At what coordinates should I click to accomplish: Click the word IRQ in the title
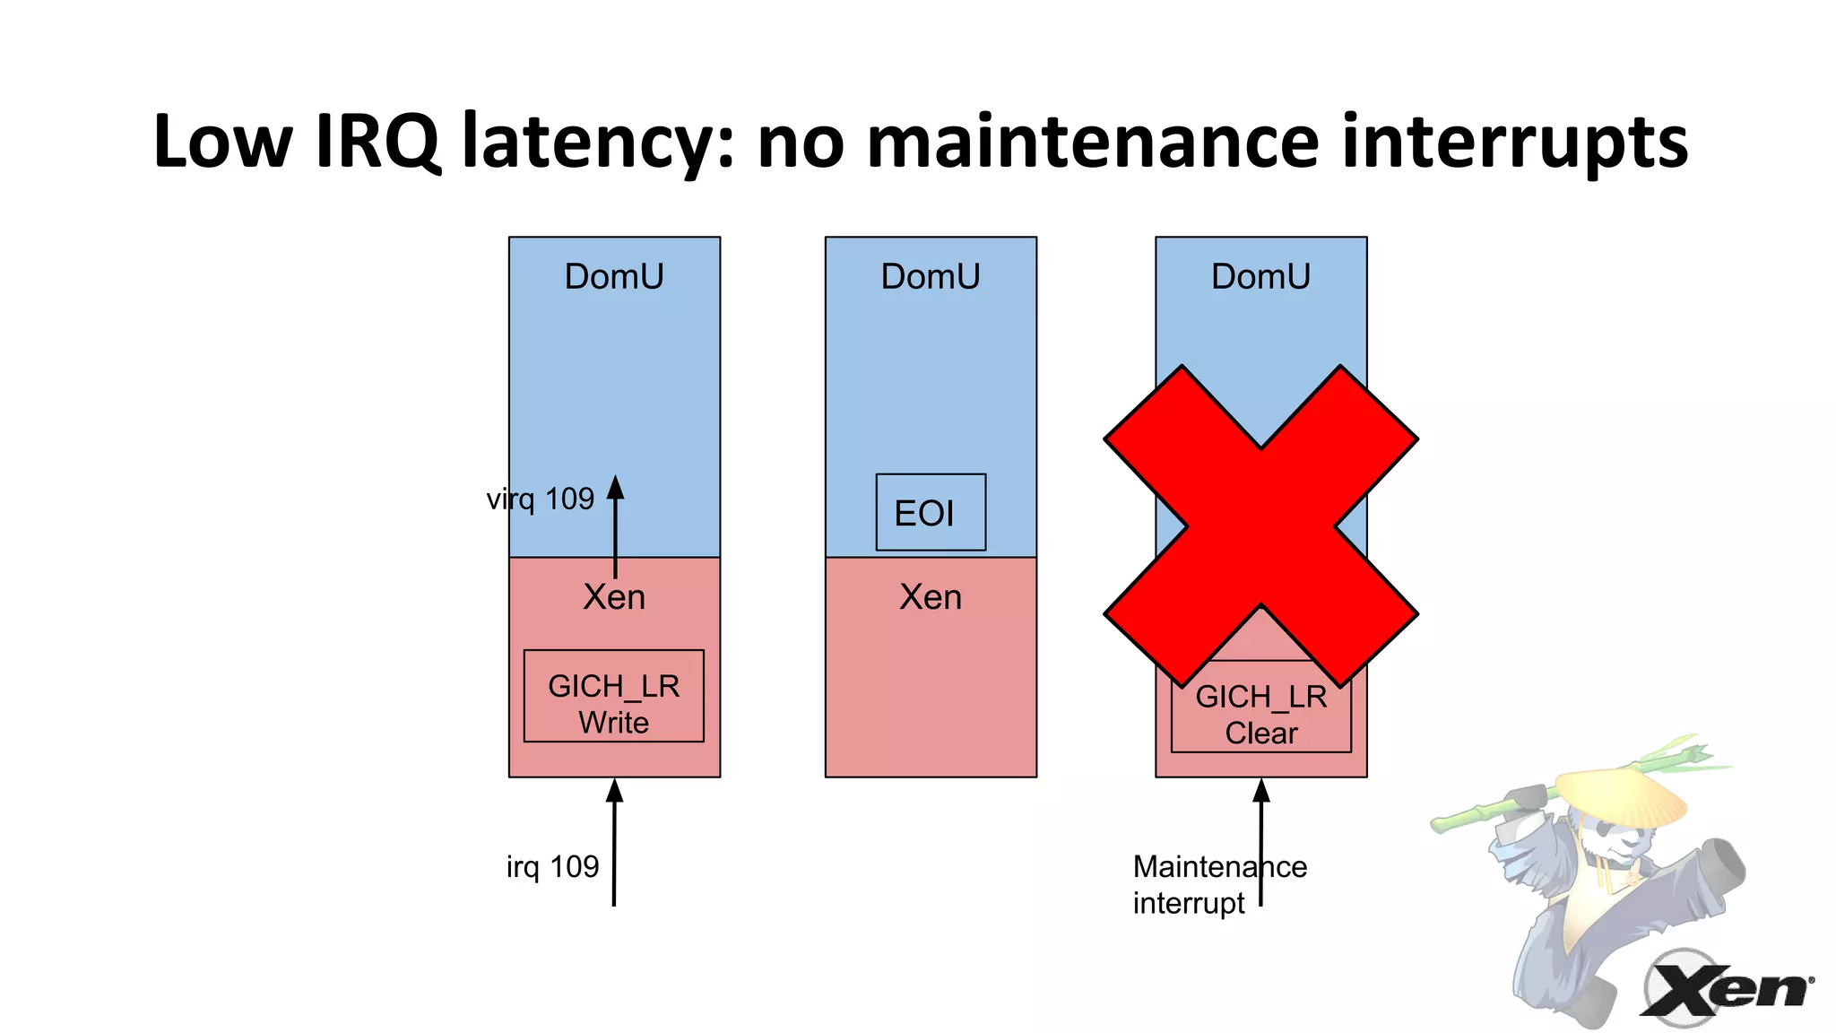click(377, 142)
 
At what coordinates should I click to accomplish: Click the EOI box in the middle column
click(931, 512)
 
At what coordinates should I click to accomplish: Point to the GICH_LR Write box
click(614, 696)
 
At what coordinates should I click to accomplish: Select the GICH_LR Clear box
click(1260, 717)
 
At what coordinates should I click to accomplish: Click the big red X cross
click(1260, 526)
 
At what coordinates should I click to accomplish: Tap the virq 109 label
click(540, 499)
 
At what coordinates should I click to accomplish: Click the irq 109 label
click(552, 866)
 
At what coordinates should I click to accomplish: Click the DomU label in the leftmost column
click(614, 276)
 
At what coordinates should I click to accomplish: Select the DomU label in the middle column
click(931, 276)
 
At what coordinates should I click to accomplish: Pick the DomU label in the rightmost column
click(1260, 276)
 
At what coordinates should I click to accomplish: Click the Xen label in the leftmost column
click(614, 597)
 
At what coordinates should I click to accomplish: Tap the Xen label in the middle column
click(931, 597)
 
